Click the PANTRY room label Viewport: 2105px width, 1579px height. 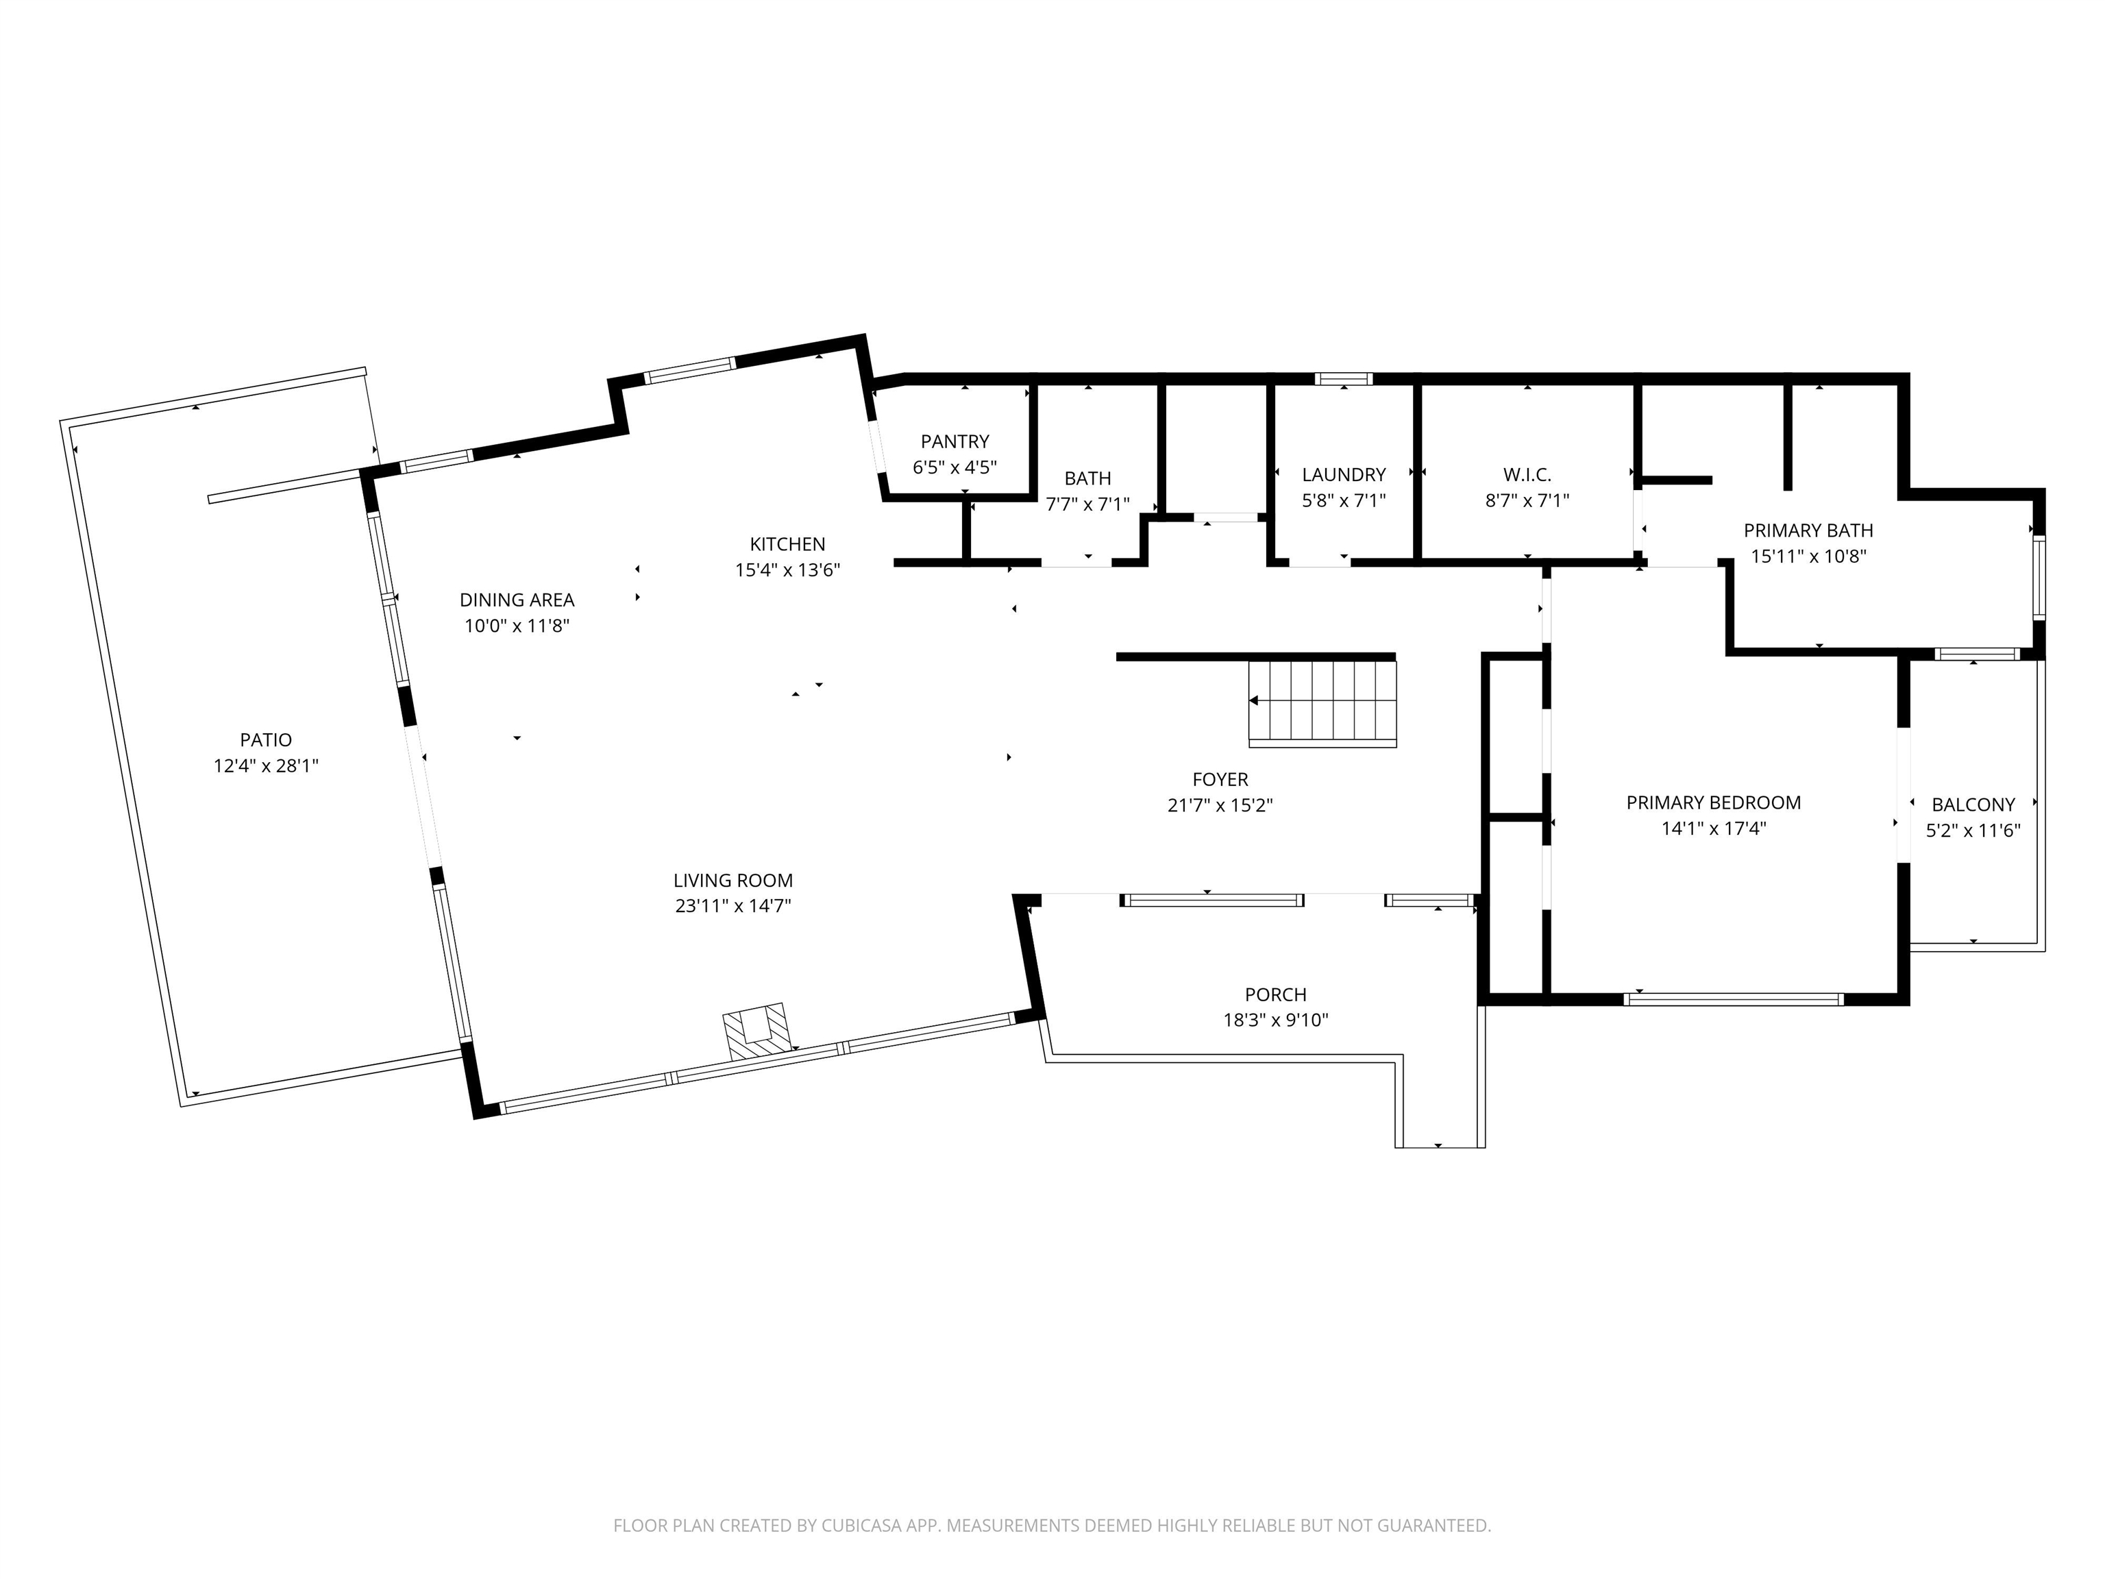tap(955, 441)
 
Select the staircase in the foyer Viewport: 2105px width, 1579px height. tap(1322, 702)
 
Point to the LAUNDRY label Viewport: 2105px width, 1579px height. tap(1344, 474)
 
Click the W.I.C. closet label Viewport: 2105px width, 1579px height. tap(1527, 474)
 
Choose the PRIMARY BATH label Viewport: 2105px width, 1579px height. tap(1808, 530)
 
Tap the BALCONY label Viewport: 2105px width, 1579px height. tap(1973, 805)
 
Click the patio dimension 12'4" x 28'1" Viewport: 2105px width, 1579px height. tap(265, 766)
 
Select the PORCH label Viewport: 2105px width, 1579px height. tap(1275, 994)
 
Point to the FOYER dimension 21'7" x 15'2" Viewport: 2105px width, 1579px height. tap(1220, 805)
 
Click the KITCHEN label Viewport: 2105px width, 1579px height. tap(787, 544)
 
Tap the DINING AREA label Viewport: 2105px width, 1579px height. tap(517, 600)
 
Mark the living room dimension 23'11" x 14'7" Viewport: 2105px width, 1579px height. tap(733, 906)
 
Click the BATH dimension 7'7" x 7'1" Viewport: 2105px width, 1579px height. tap(1087, 504)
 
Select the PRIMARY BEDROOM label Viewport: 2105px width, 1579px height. tap(1713, 803)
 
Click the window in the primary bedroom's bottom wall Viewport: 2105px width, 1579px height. tap(1734, 999)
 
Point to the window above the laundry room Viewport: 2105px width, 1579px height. tap(1344, 379)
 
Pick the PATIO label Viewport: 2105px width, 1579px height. tap(265, 739)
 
